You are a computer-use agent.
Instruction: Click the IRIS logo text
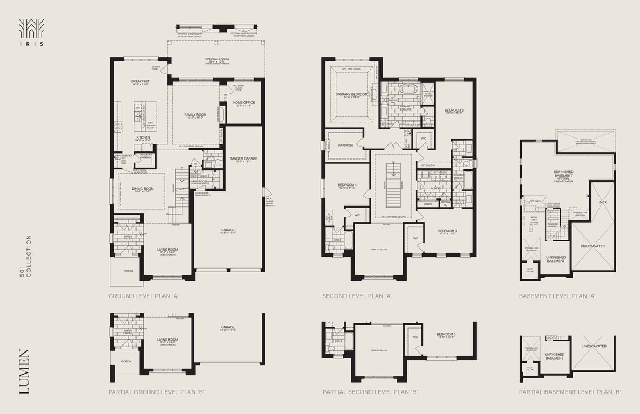click(31, 44)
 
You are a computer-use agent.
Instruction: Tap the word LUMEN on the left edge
click(24, 371)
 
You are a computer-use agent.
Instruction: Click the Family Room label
click(195, 115)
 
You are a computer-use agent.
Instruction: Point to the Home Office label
click(244, 103)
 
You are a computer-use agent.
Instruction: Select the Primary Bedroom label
click(352, 95)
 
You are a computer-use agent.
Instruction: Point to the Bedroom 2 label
click(454, 111)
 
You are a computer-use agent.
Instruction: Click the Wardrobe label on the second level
click(345, 145)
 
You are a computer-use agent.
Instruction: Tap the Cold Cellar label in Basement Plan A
click(530, 270)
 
